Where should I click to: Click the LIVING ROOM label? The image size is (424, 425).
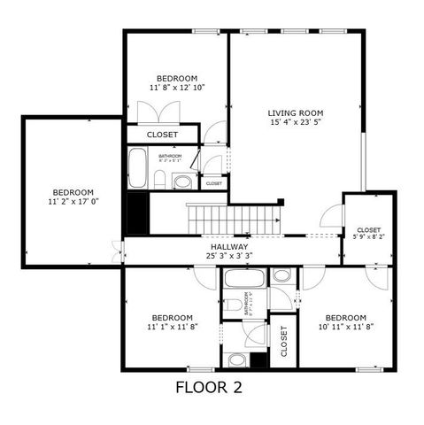(296, 113)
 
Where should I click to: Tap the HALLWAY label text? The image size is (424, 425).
(229, 246)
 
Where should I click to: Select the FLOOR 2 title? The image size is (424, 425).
(208, 387)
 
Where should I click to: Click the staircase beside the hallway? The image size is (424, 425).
(232, 218)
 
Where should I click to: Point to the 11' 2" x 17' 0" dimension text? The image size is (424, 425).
(73, 203)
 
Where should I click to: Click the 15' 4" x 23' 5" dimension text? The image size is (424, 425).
(296, 125)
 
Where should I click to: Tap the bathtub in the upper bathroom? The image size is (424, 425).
(137, 168)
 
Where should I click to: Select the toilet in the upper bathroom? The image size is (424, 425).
(160, 181)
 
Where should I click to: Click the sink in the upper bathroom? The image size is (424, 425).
(181, 182)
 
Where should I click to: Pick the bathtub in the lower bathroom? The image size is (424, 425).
(241, 279)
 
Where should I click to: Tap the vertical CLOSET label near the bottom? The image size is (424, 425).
(284, 341)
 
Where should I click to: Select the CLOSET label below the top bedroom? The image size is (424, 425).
(162, 135)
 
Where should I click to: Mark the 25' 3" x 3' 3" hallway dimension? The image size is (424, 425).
(229, 256)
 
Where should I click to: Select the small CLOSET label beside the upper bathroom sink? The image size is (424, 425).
(213, 183)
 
